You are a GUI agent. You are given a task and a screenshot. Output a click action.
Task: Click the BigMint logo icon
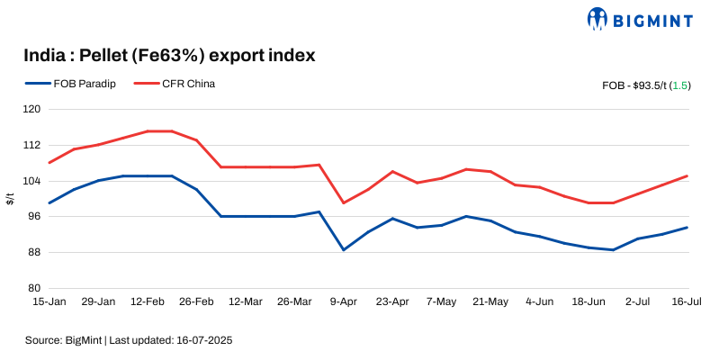point(598,18)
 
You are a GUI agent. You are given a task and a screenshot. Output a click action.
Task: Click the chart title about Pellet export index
point(169,56)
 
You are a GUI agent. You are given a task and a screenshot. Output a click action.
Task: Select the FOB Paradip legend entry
point(71,84)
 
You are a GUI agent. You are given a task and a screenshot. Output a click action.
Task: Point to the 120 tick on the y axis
point(32,109)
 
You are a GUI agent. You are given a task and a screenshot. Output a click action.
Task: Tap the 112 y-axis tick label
point(32,145)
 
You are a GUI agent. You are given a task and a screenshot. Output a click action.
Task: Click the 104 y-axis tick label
point(32,181)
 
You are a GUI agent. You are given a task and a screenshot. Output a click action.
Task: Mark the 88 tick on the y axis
point(34,252)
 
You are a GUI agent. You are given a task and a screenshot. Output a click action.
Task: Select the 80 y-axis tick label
point(34,288)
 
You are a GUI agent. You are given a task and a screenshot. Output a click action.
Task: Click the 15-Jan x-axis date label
point(49,302)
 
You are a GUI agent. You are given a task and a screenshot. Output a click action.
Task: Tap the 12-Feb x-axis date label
point(148,302)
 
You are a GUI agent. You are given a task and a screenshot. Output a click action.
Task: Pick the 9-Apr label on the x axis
point(344,302)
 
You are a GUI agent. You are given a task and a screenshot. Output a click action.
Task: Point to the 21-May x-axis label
point(491,302)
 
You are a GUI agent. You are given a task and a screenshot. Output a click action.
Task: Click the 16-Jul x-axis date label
point(686,302)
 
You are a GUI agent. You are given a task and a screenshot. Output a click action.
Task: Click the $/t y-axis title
point(10,199)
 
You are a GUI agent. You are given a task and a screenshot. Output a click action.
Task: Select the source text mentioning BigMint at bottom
point(130,341)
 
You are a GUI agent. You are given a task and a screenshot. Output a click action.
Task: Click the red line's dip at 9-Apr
point(344,202)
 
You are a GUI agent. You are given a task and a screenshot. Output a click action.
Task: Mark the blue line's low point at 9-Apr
point(344,249)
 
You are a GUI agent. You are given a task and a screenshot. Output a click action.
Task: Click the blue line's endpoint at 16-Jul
point(688,228)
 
